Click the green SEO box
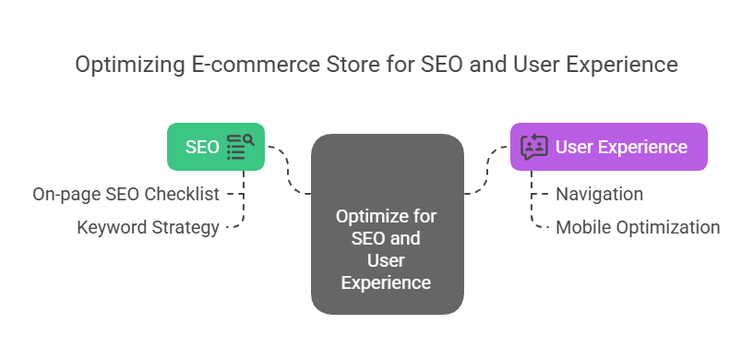tap(215, 147)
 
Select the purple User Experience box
tap(608, 147)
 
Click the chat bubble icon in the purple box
tap(533, 147)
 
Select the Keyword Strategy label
tap(149, 227)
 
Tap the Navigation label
tap(599, 195)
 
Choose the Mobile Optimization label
tap(637, 227)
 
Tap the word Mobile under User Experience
tap(580, 227)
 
